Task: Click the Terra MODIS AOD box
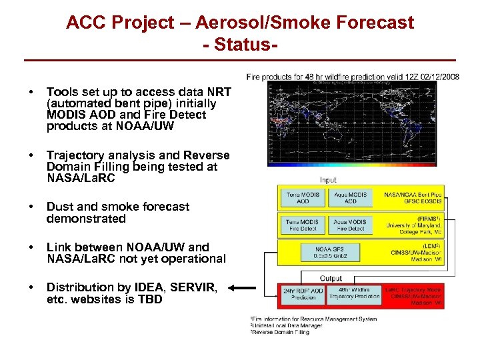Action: (303, 198)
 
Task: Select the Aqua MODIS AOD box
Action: (351, 198)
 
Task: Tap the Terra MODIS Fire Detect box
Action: (303, 225)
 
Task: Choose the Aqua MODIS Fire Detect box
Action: (351, 225)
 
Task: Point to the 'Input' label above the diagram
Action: (329, 180)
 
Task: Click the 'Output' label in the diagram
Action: (331, 278)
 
